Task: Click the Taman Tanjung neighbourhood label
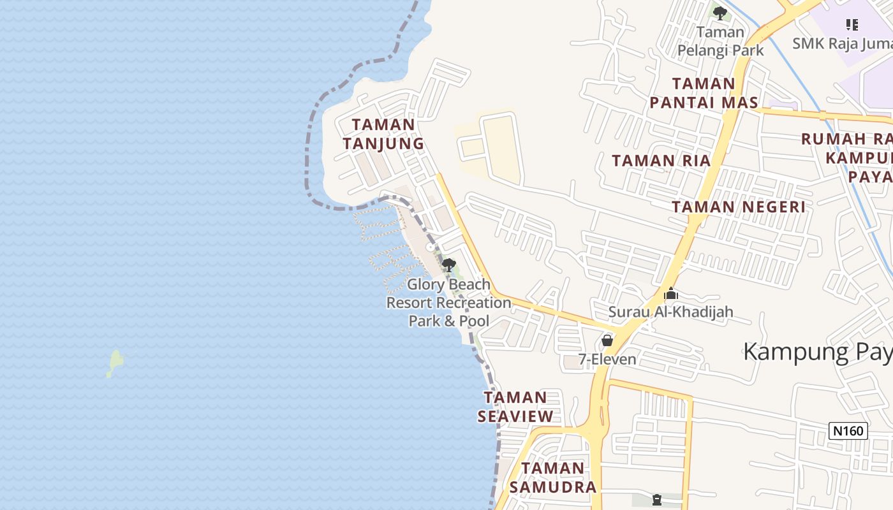point(383,134)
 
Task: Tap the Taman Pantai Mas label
point(704,93)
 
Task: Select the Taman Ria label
point(661,161)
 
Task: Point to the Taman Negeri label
point(739,207)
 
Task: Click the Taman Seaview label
point(515,407)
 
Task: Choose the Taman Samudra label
point(554,477)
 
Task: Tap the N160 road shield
point(848,431)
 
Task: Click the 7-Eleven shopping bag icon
point(607,340)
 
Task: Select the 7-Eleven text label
point(607,360)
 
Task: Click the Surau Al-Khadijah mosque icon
point(670,295)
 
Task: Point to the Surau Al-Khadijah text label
point(670,312)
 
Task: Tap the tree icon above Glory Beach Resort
point(449,265)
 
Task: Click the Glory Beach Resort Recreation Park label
point(449,303)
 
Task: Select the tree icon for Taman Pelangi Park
point(720,13)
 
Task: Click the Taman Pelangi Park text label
point(720,41)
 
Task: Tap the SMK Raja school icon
point(852,25)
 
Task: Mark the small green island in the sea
point(115,362)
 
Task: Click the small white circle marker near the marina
point(431,247)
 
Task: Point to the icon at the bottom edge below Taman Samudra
point(657,500)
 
